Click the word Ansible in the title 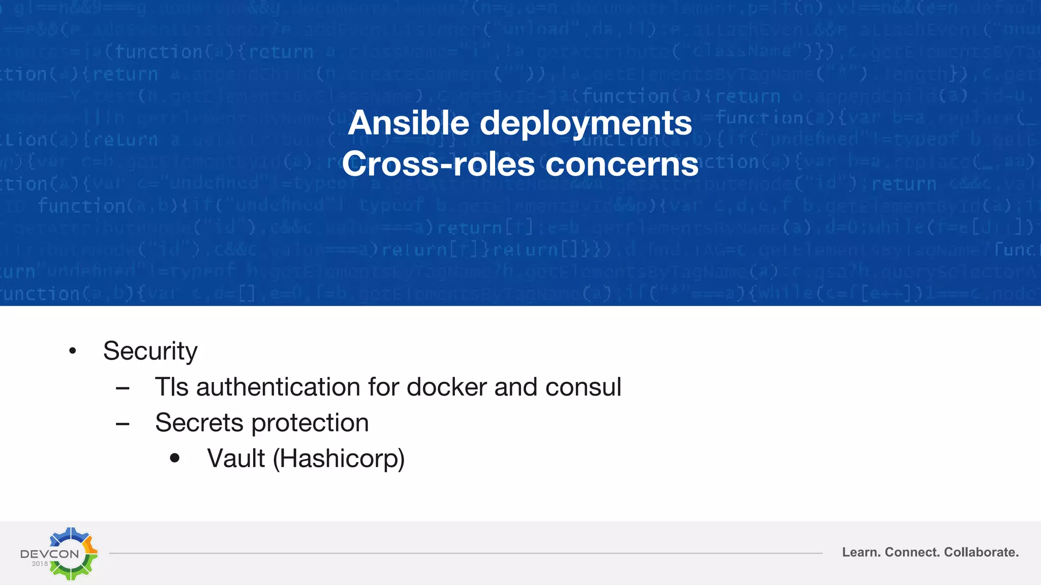click(408, 123)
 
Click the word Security click(150, 351)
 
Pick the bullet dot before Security click(73, 351)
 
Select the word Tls click(172, 387)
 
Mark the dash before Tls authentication click(123, 388)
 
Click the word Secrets click(199, 422)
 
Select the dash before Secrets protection click(123, 424)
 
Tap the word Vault click(236, 459)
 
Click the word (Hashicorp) click(339, 459)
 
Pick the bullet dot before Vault click(175, 459)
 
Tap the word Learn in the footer click(861, 552)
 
